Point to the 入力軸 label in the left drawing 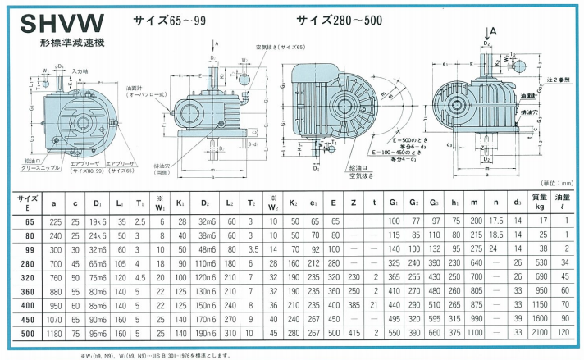(x=80, y=73)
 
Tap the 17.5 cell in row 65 (x=495, y=221)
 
